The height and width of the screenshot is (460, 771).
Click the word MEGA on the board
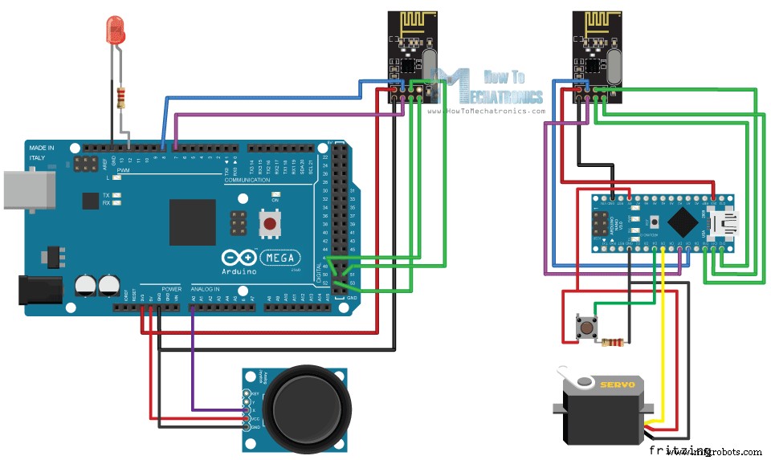pyautogui.click(x=279, y=257)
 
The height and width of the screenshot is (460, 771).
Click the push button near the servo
pyautogui.click(x=589, y=327)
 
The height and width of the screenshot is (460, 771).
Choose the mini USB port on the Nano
pyautogui.click(x=736, y=220)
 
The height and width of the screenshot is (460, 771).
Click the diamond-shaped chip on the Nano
pyautogui.click(x=683, y=220)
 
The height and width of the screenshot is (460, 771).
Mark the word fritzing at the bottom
pyautogui.click(x=680, y=450)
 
